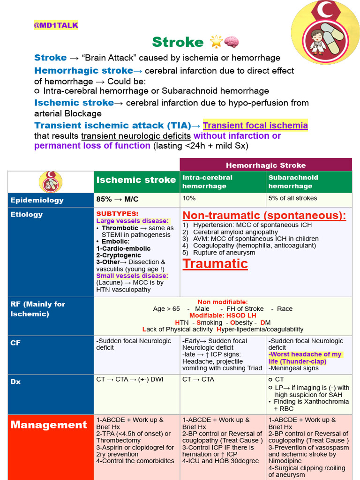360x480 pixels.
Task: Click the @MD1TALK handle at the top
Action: pos(56,25)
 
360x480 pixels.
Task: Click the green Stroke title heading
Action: pos(178,42)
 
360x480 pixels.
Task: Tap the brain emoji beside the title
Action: pos(232,42)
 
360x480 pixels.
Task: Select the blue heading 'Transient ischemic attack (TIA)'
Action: pos(112,125)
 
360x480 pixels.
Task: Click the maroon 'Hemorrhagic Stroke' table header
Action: pos(265,165)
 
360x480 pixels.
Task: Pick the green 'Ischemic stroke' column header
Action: pos(136,180)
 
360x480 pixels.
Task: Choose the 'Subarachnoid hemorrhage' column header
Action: pos(293,182)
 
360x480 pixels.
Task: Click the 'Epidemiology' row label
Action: pos(37,200)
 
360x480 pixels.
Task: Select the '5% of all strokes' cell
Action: pos(292,198)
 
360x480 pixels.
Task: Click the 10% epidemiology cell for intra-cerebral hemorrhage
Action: pos(189,198)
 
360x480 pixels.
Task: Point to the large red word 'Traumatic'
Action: pos(215,263)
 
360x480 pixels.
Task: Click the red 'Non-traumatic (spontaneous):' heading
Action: pos(264,216)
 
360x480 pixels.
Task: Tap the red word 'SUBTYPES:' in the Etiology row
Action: pos(117,214)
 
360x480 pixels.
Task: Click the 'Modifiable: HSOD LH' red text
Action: pos(223,315)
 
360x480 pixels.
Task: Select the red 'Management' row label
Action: pos(49,425)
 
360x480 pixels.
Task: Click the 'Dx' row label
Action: pos(16,382)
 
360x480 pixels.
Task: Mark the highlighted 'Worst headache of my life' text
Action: pos(305,358)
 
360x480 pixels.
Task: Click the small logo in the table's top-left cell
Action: pos(51,182)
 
